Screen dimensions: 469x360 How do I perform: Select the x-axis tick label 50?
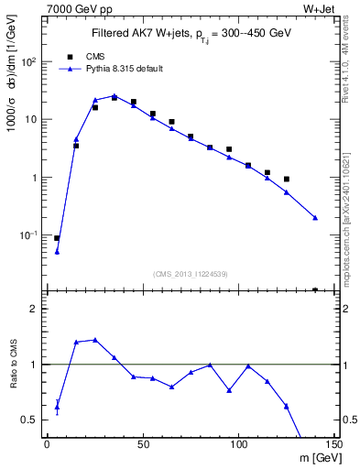[142, 444]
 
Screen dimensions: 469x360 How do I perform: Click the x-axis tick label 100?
[238, 444]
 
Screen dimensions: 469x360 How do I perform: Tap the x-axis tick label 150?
[334, 444]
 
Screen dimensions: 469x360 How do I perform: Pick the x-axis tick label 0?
[47, 444]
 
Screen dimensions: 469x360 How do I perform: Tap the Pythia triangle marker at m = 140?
[315, 217]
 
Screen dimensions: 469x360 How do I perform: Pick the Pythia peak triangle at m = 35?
[115, 95]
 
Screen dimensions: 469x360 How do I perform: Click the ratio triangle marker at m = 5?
[57, 406]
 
